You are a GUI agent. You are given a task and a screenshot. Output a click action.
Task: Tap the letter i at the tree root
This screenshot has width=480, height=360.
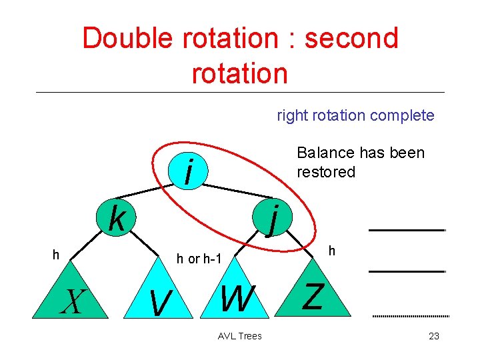pyautogui.click(x=190, y=172)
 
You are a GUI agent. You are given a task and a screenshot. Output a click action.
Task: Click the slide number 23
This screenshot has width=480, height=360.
pyautogui.click(x=433, y=336)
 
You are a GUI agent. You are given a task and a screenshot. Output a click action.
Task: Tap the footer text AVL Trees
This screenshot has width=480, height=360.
pyautogui.click(x=240, y=336)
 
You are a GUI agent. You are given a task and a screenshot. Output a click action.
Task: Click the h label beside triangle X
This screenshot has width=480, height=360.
pyautogui.click(x=57, y=254)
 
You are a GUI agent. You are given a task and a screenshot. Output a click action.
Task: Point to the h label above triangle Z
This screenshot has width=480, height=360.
pyautogui.click(x=331, y=251)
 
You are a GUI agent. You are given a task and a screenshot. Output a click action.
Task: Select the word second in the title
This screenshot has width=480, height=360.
pyautogui.click(x=351, y=38)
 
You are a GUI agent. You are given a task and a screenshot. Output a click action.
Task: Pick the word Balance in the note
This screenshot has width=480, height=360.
pyautogui.click(x=321, y=153)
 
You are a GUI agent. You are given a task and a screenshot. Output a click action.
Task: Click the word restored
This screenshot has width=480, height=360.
pyautogui.click(x=326, y=172)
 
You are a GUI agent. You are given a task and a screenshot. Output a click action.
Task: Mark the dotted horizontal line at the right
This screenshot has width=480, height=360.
pyautogui.click(x=409, y=315)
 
